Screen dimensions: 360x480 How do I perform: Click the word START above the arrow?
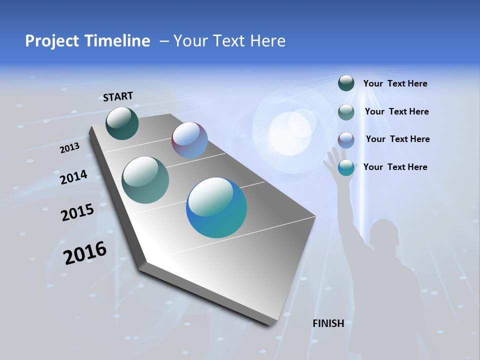[x=118, y=96]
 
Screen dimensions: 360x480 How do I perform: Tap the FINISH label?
[x=328, y=323]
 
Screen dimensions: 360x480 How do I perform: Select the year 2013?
[x=69, y=148]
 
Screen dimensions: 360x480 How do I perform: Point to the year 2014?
[x=73, y=177]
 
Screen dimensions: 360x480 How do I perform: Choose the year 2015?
[x=77, y=212]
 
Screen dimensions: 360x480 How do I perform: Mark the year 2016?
[x=85, y=253]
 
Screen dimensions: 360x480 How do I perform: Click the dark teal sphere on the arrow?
[x=122, y=123]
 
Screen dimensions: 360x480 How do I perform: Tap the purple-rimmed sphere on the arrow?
[x=189, y=140]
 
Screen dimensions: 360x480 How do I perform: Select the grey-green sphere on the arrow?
[x=145, y=180]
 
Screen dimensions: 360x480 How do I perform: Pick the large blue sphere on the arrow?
[x=216, y=207]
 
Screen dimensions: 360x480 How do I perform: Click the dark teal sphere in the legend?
[x=346, y=83]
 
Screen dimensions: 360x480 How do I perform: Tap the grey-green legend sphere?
[x=346, y=112]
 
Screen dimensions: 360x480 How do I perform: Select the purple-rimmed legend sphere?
[x=346, y=140]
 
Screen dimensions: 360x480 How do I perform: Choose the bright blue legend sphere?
[x=346, y=168]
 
